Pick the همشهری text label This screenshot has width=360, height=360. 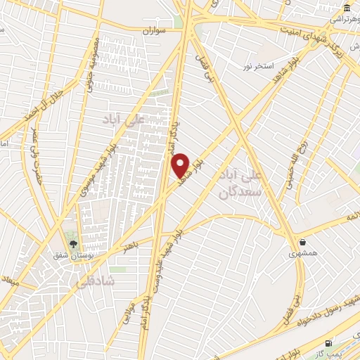(x=304, y=252)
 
